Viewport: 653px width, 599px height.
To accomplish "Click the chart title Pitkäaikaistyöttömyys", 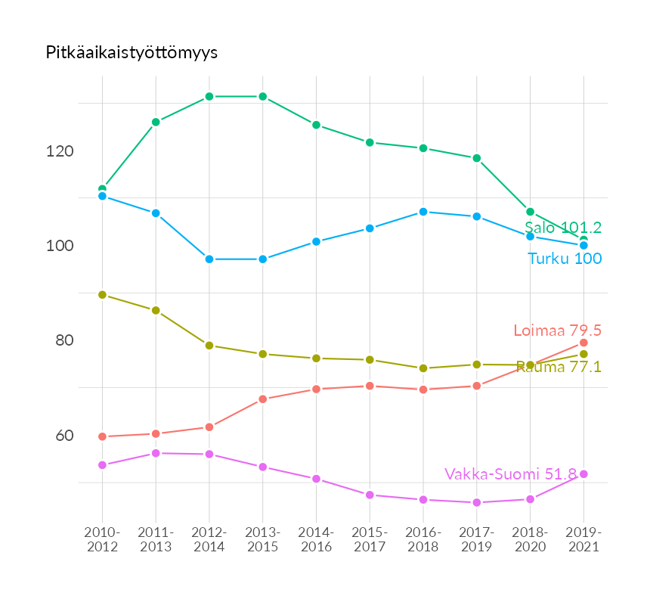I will point(132,53).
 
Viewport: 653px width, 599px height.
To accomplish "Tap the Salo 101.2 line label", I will point(563,228).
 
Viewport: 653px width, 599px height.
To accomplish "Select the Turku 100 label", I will point(565,259).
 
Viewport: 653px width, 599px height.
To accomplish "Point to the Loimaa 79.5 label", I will point(557,331).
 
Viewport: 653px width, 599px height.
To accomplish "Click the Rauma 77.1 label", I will point(559,367).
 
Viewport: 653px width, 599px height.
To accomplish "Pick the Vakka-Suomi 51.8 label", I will point(511,474).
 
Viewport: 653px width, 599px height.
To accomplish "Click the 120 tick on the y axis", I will point(59,151).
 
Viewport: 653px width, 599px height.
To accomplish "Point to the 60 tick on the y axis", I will point(64,436).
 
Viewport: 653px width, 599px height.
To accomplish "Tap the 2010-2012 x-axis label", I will point(102,539).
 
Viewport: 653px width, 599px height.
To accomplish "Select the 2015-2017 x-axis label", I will point(370,539).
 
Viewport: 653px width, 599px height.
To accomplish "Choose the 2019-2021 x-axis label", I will point(583,539).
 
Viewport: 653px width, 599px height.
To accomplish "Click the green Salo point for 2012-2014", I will point(209,97).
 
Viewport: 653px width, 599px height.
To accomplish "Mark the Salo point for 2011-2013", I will point(156,122).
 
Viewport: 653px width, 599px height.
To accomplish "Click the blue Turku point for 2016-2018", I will point(423,212).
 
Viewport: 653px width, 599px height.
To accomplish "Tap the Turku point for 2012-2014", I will point(209,259).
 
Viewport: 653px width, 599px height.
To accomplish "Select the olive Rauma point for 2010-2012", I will point(102,295).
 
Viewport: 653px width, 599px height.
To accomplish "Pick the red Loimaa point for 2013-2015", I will point(263,399).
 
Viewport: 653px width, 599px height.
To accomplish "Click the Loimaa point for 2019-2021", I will point(583,343).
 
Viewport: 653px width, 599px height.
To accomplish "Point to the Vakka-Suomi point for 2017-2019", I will point(477,503).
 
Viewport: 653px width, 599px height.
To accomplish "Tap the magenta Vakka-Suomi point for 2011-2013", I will point(156,453).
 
